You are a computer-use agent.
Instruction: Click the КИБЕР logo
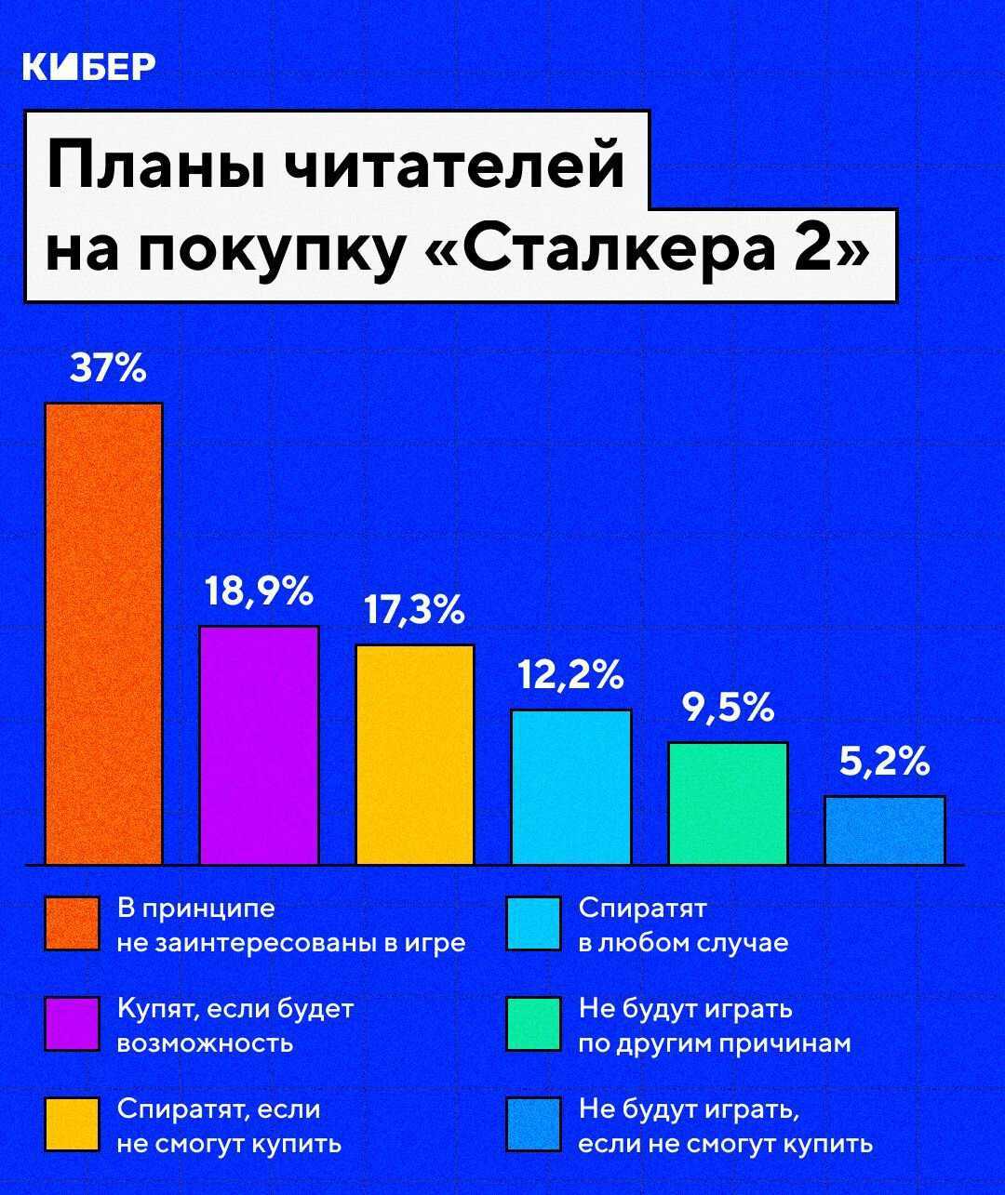[88, 67]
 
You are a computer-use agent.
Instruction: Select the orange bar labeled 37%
[103, 632]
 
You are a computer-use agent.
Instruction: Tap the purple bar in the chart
[259, 744]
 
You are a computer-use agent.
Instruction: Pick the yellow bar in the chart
[415, 753]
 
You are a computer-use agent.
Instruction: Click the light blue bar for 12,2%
[571, 786]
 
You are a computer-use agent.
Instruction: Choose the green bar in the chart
[728, 803]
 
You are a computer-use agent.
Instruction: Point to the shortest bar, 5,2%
[884, 830]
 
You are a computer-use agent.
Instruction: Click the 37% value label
[108, 369]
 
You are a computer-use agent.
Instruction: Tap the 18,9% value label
[259, 591]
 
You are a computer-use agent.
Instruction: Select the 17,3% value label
[413, 610]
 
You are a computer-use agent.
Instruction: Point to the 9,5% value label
[728, 709]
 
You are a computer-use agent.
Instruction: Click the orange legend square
[72, 923]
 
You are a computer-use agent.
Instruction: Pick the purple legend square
[72, 1024]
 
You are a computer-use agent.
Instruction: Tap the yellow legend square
[72, 1124]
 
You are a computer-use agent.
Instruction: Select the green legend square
[534, 1024]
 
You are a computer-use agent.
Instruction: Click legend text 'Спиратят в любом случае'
[683, 924]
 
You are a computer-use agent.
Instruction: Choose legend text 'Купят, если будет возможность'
[235, 1025]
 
